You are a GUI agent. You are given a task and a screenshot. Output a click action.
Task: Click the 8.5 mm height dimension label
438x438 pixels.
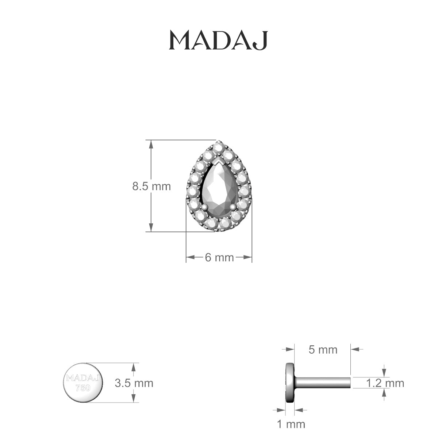click(x=151, y=187)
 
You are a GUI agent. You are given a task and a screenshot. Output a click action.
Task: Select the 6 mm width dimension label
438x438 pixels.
click(x=219, y=257)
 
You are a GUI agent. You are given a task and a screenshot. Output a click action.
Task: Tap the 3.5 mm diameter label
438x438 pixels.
click(x=134, y=383)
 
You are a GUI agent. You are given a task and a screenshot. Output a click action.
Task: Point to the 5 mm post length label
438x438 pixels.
click(x=323, y=350)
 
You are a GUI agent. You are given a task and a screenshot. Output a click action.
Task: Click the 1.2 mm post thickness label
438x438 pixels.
click(x=385, y=383)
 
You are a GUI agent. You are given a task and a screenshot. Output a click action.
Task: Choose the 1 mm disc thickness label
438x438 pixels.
click(x=291, y=424)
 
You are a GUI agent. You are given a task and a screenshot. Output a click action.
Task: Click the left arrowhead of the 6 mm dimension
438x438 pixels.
click(x=189, y=258)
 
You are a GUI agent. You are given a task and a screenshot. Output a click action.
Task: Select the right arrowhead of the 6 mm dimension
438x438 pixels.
click(x=249, y=258)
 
